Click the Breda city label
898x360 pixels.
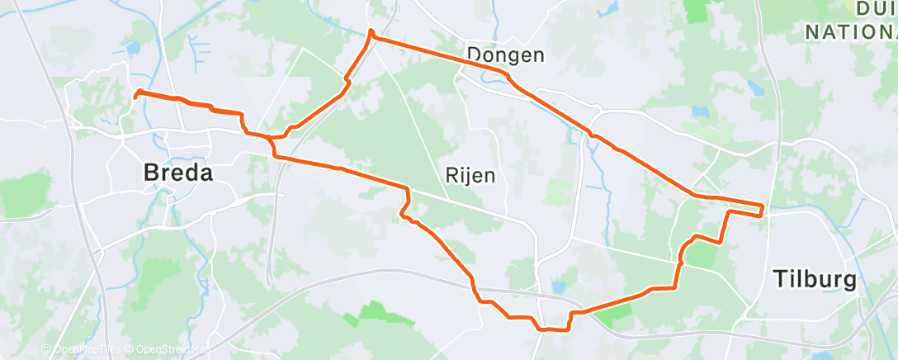coord(177,173)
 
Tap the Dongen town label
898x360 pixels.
coord(506,56)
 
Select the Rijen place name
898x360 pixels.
coord(470,175)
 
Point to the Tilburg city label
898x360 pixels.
coord(815,279)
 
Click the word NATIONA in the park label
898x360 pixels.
coord(850,32)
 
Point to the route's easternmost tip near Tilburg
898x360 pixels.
coord(762,208)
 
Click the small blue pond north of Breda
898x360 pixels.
coord(132,49)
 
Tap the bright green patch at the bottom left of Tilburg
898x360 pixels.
coord(617,310)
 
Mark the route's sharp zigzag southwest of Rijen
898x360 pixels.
coord(405,206)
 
